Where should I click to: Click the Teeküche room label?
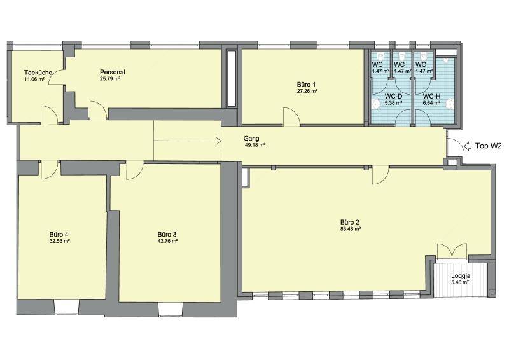[x=38, y=73]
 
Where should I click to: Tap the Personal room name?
[x=113, y=72]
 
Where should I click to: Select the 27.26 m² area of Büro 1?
[x=307, y=92]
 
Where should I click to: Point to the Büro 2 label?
[x=349, y=223]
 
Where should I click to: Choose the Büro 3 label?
[x=167, y=234]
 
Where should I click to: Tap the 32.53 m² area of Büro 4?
[x=60, y=241]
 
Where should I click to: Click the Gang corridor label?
[x=251, y=139]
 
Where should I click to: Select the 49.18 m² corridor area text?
[x=255, y=145]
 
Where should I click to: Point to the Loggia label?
[x=461, y=276]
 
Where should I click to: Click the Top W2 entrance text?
[x=489, y=146]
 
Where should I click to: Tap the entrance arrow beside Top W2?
[x=468, y=146]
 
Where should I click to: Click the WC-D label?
[x=393, y=97]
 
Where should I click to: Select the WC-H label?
[x=431, y=97]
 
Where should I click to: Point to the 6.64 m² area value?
[x=431, y=103]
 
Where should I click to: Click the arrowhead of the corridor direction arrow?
[x=220, y=141]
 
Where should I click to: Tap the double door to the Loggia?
[x=452, y=251]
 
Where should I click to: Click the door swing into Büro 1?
[x=292, y=116]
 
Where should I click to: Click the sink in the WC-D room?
[x=376, y=104]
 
